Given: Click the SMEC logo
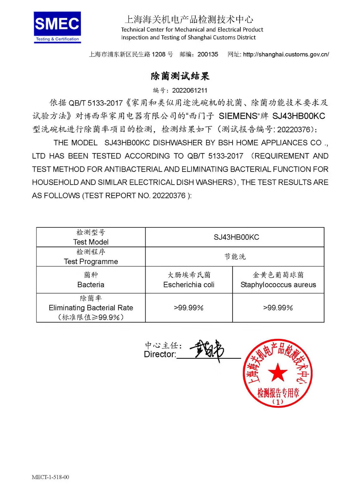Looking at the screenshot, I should tap(57, 27).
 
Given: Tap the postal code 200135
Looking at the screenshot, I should tap(208, 54).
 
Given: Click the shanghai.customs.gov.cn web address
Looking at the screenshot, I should tap(286, 54).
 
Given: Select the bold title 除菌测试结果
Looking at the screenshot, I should tap(180, 76).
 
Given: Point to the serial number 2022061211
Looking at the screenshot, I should tap(189, 90).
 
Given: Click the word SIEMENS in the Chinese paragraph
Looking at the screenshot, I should tap(238, 116).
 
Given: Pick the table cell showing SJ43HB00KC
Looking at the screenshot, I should tap(236, 237).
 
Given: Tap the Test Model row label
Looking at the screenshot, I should tap(91, 242).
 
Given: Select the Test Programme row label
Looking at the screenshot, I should tap(91, 261).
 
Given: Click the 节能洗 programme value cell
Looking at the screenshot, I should tap(235, 257).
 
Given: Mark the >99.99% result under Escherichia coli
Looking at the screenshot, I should tap(189, 307).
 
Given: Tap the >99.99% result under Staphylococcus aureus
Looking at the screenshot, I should tap(278, 307).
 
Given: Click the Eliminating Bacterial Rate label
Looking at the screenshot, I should tap(91, 307).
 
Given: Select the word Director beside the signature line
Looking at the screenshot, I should tap(160, 354).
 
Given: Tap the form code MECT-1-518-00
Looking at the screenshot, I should tap(50, 477).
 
